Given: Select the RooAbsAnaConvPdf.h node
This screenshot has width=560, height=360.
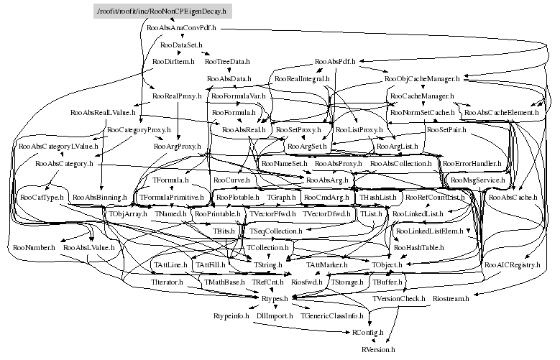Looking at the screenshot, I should tap(181, 29).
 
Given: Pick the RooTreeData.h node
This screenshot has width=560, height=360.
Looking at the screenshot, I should tap(229, 62).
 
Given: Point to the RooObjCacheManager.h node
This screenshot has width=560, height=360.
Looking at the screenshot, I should tap(427, 78).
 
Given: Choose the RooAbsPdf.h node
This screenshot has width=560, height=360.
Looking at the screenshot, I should tap(337, 62).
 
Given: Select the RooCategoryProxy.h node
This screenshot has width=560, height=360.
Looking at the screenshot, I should tap(139, 130).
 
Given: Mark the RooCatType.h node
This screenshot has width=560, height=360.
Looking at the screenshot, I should tap(42, 196).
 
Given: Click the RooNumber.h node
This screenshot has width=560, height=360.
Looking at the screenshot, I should tap(33, 248).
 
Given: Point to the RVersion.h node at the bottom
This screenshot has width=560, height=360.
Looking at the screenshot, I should tap(378, 349).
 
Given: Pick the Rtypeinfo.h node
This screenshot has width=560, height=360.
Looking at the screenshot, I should tap(231, 315).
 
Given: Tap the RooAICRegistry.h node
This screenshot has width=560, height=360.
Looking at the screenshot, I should tap(512, 265).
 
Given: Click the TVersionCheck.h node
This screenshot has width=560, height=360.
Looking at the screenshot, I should tap(399, 298).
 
